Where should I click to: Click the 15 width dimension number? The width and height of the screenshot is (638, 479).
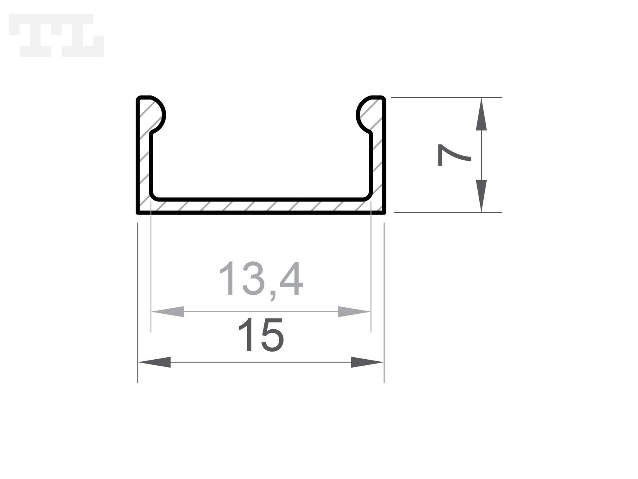(x=261, y=335)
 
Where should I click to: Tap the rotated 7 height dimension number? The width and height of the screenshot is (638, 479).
(x=454, y=155)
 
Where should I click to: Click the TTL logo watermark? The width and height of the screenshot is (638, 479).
(x=56, y=35)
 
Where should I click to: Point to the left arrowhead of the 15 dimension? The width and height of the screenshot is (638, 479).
(x=154, y=362)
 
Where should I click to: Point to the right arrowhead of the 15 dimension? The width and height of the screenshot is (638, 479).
(x=367, y=362)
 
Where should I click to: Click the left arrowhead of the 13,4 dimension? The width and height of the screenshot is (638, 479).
(x=168, y=311)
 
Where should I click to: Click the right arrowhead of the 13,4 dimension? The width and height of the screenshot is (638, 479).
(x=354, y=311)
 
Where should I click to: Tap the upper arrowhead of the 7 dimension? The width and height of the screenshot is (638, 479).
(x=481, y=114)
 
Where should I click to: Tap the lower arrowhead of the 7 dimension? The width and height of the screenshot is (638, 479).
(x=481, y=196)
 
